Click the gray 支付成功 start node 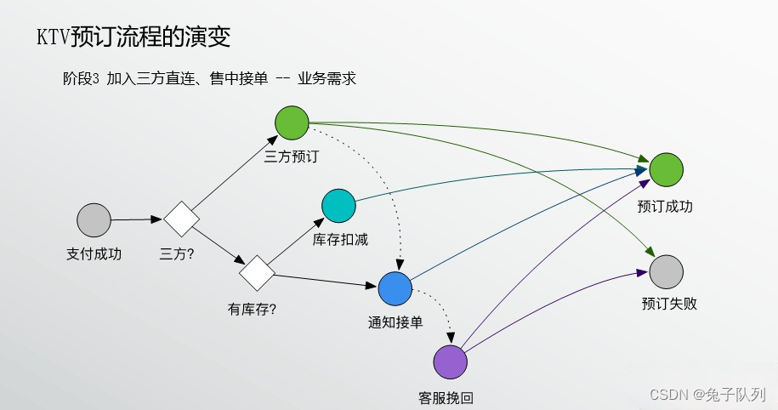point(94,220)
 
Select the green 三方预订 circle point(292,122)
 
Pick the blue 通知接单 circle point(395,289)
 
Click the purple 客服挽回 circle point(451,362)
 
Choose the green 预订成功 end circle point(667,170)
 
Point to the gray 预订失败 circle point(667,270)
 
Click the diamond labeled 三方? point(181,219)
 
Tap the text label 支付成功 point(94,253)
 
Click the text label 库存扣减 point(340,240)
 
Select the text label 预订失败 point(669,304)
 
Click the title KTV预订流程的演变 point(133,37)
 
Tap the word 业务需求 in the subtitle point(327,79)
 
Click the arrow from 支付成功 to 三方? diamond point(136,219)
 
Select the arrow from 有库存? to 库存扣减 point(298,242)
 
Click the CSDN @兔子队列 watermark point(707,394)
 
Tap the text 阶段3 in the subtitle point(82,79)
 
